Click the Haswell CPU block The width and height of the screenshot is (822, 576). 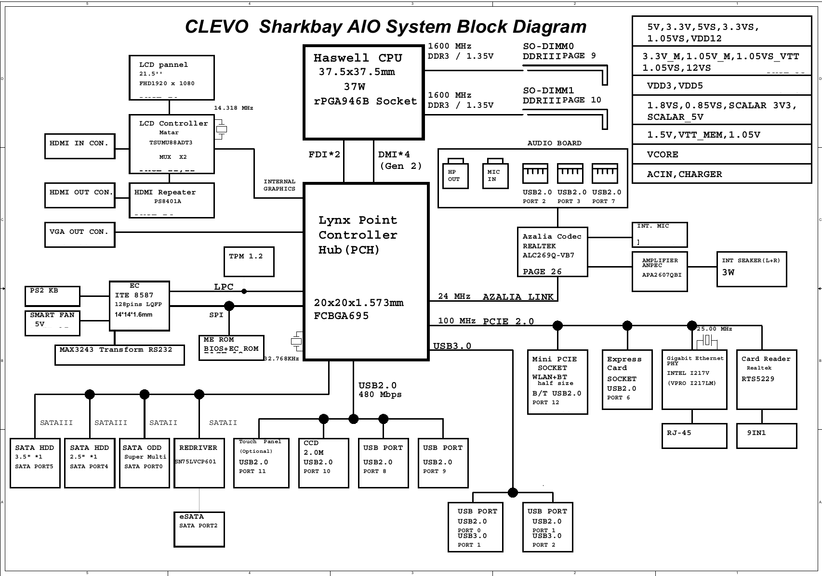363,92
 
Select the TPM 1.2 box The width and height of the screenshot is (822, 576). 249,262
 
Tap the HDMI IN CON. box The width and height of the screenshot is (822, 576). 80,146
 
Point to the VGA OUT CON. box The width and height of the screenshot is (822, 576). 80,235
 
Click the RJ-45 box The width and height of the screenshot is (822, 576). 694,435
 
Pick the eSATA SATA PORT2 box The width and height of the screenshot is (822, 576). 199,529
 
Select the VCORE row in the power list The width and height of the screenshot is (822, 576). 721,154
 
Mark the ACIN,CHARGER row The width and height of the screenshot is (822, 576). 721,174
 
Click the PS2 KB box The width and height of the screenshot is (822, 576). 52,296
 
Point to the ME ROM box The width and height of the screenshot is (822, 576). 231,347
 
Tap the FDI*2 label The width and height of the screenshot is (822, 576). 324,154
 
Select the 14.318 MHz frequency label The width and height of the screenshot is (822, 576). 233,108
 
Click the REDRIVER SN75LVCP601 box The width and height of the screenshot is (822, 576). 199,463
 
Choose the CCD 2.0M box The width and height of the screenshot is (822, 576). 323,463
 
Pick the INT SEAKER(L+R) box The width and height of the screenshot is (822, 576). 751,269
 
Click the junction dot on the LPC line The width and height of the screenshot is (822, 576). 244,291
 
